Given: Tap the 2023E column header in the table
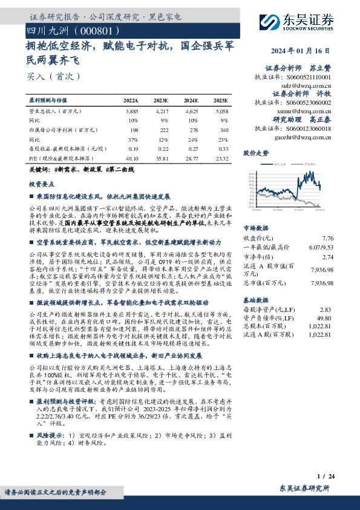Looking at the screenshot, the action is point(162,100).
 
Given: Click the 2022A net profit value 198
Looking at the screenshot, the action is point(133,130).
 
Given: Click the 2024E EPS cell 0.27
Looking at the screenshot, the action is point(191,148).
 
